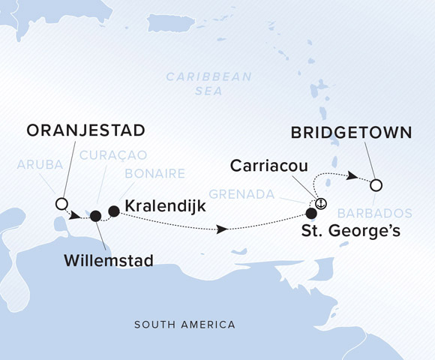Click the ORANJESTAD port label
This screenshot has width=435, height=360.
point(86,131)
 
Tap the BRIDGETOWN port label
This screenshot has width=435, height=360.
point(350,133)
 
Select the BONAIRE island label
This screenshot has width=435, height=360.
point(154,174)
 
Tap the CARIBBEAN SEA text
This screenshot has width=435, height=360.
point(209,83)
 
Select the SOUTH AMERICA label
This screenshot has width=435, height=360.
point(184,325)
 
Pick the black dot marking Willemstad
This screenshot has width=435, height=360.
point(95,216)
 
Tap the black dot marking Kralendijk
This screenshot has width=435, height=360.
point(114,211)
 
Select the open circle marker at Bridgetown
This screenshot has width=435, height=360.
point(376,184)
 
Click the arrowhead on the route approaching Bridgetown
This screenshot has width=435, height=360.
point(349,176)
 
